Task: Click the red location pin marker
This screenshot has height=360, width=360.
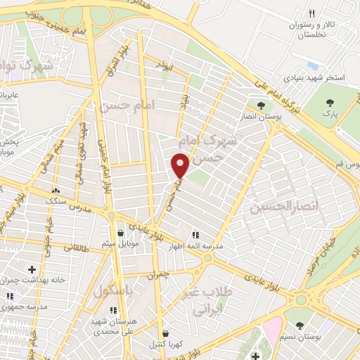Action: click(x=181, y=166)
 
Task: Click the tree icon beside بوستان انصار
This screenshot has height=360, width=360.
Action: click(x=261, y=106)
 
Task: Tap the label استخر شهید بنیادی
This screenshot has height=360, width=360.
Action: click(x=314, y=78)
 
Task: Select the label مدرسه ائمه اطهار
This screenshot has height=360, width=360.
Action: click(x=195, y=247)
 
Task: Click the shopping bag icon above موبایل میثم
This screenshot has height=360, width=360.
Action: click(x=121, y=233)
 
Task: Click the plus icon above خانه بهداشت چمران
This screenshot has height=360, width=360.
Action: click(x=32, y=269)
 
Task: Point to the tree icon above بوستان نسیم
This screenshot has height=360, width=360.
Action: click(x=301, y=325)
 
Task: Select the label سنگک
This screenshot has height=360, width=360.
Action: click(x=57, y=200)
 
